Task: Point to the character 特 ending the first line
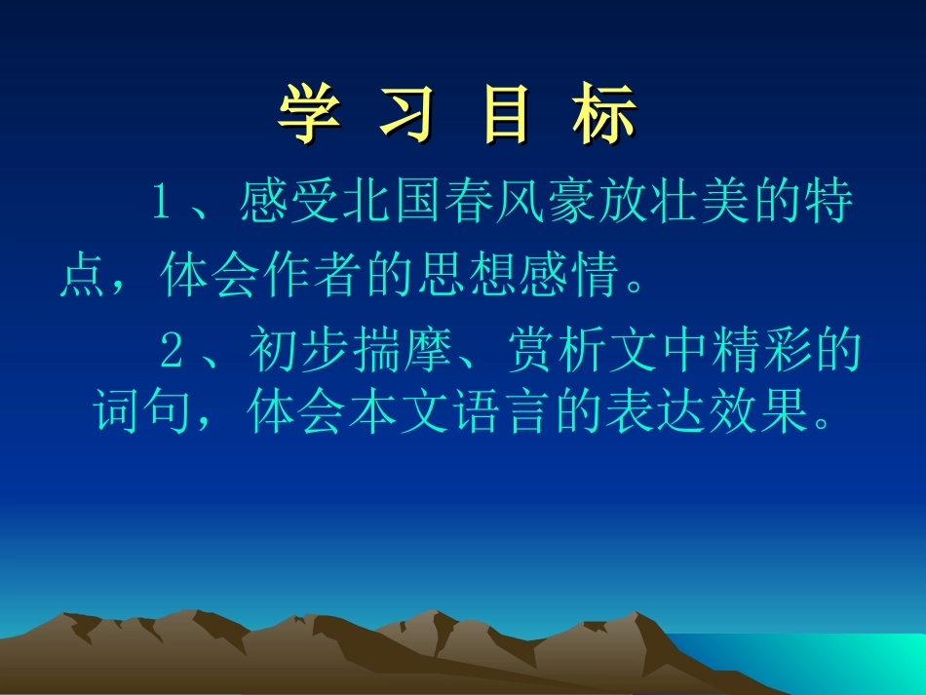coord(830,205)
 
